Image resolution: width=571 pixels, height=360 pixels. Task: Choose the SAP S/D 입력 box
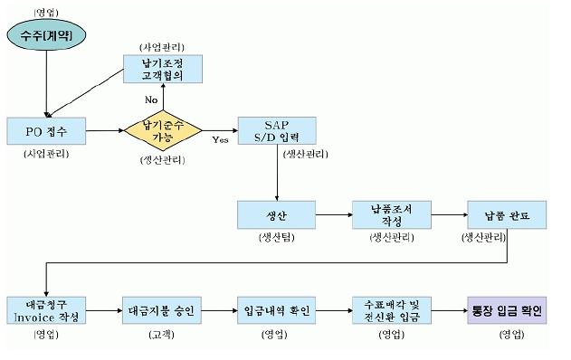275,131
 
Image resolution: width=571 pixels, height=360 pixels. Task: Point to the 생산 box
275,216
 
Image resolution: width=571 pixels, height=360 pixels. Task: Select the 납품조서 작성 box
390,216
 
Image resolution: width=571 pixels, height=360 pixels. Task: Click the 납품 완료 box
506,216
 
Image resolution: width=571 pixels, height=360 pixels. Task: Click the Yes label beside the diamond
220,140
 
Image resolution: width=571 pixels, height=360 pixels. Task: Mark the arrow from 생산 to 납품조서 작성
332,216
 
